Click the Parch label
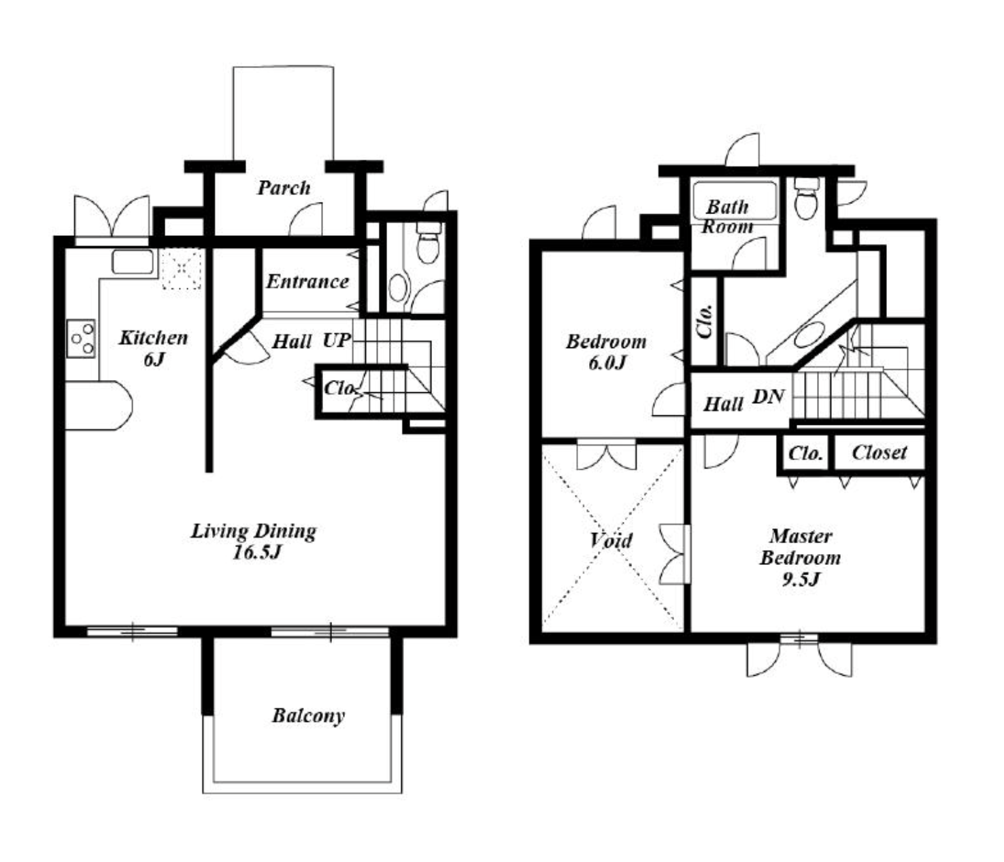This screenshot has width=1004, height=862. point(284,188)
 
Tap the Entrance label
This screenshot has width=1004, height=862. point(307,281)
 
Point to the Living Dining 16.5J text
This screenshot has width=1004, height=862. point(254,541)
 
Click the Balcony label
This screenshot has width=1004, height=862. point(308,716)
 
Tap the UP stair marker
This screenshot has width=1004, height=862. point(336,341)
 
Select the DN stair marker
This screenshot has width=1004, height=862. point(768,396)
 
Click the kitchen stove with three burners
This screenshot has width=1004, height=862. point(81,339)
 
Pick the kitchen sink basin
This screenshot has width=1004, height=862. point(133,262)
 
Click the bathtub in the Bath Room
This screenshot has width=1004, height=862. point(735,201)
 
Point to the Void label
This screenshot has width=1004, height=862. point(611,540)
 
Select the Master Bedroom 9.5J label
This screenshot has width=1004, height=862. point(800,557)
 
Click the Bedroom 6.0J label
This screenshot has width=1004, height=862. point(606,352)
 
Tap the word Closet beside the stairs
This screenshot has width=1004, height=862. point(879,452)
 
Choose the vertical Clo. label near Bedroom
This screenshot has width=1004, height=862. point(704,322)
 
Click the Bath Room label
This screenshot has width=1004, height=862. point(727,216)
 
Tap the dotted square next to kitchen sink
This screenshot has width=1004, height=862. point(181,269)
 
